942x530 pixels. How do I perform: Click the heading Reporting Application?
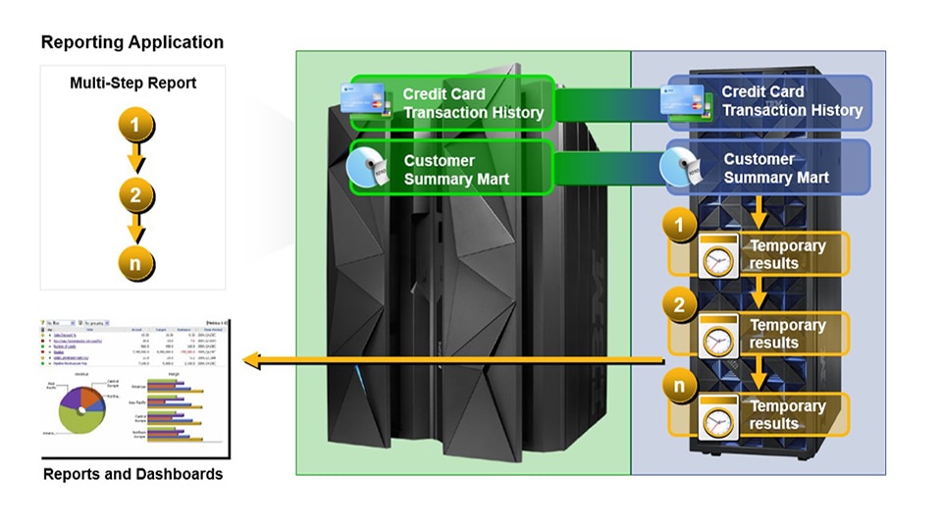point(132,42)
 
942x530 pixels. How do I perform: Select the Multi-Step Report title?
point(132,83)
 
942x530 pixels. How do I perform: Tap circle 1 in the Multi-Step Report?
point(135,125)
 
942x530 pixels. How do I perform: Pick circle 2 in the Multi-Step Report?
point(135,194)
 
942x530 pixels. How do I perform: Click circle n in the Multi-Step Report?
point(135,263)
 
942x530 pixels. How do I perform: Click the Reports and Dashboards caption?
point(132,474)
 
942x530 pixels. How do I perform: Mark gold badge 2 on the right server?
point(679,305)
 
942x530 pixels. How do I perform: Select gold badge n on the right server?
point(679,386)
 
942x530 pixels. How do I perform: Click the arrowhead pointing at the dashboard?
point(252,361)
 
